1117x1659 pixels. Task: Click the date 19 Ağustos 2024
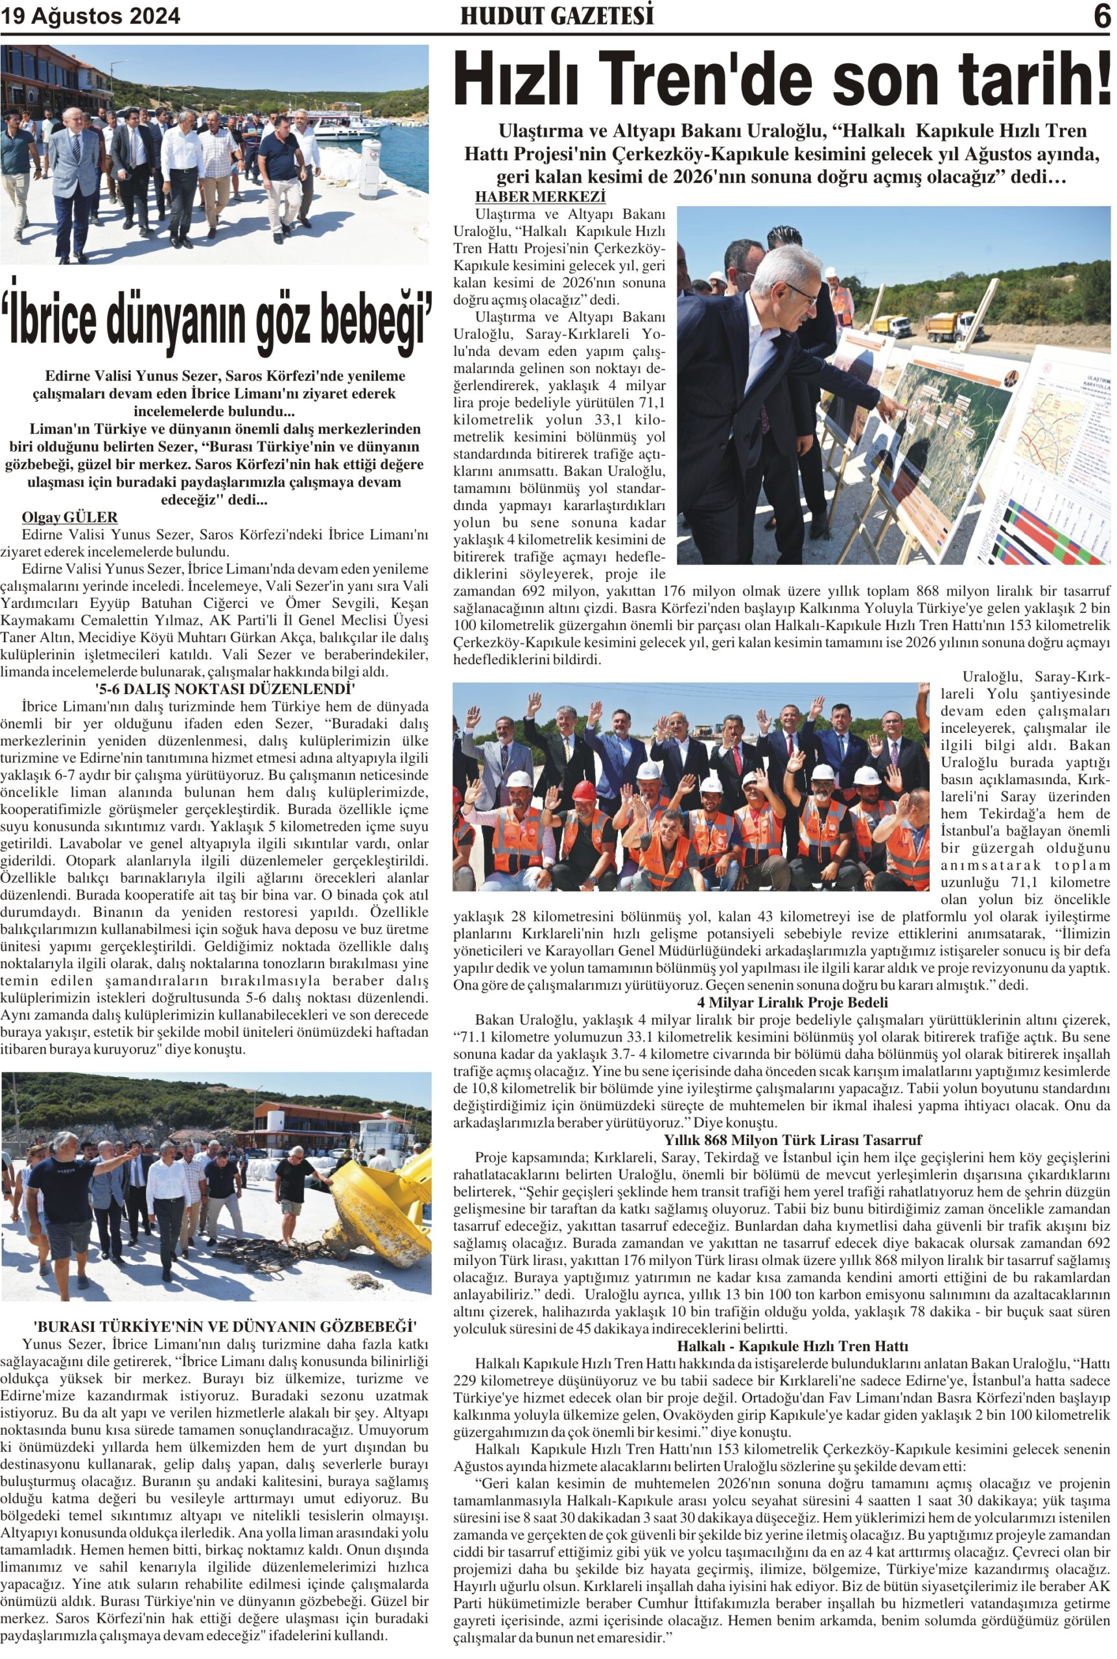coord(91,16)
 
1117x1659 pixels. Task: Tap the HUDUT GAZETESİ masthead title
coord(556,16)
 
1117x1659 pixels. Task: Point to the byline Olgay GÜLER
coord(70,517)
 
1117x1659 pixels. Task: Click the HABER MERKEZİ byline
coord(540,196)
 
